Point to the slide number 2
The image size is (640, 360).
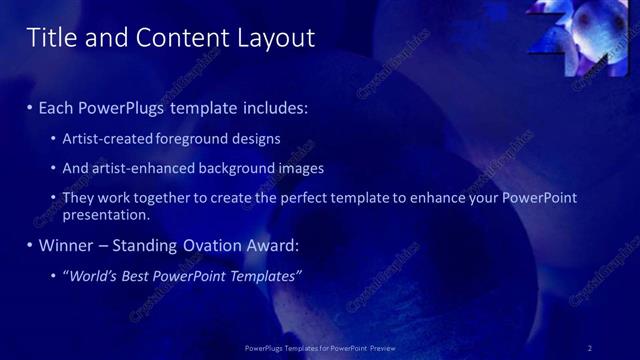(x=590, y=347)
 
